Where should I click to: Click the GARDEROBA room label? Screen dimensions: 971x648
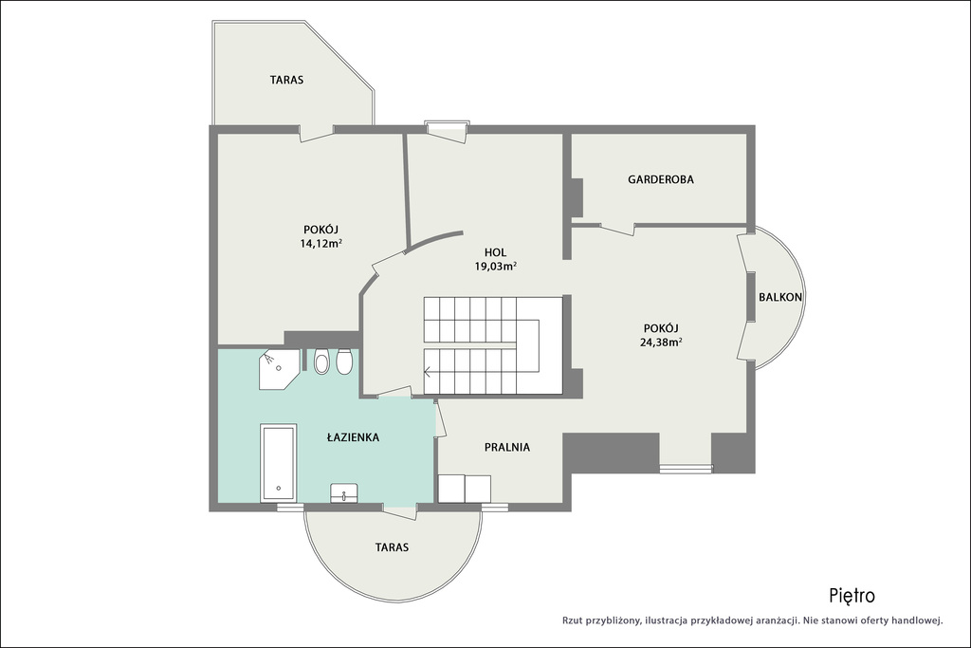coord(661,179)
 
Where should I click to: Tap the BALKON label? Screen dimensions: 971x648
coord(780,297)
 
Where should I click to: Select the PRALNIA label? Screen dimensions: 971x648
coord(507,447)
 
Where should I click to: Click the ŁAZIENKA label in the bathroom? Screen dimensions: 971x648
coord(353,436)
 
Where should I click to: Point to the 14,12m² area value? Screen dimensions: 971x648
coord(321,243)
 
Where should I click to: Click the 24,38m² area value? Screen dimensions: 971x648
coord(661,342)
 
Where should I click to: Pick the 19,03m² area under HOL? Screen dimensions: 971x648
coord(495,267)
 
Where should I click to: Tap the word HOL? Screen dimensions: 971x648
coord(495,252)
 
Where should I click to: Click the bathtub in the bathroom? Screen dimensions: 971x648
coord(279,463)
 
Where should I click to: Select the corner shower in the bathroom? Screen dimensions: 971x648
coord(279,369)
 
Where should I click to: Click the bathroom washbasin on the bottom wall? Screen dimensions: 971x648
coord(343,493)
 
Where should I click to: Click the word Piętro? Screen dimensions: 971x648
coord(852,596)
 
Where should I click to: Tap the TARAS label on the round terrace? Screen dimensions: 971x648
coord(392,547)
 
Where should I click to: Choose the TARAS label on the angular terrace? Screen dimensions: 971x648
coord(286,80)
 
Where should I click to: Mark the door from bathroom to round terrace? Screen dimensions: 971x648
coord(400,509)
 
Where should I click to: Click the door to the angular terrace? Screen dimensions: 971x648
coord(317,133)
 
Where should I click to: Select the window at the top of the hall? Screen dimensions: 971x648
coord(447,125)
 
